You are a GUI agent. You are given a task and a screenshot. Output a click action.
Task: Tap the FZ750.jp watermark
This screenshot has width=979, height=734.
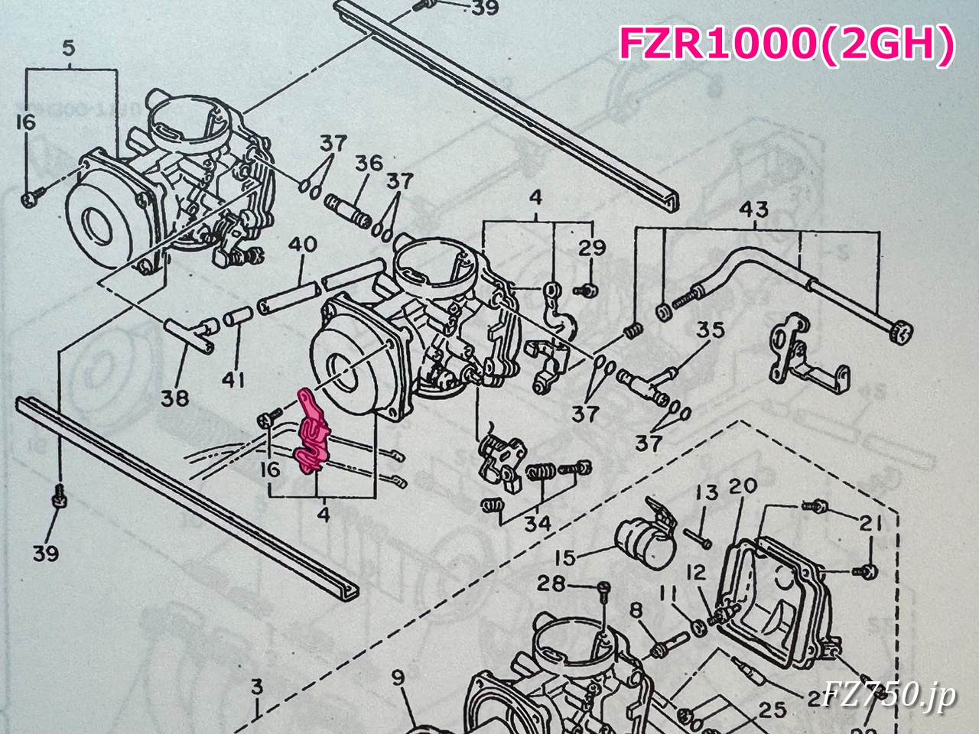point(889,696)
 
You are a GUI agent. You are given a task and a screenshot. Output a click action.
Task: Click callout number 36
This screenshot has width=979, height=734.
point(368,164)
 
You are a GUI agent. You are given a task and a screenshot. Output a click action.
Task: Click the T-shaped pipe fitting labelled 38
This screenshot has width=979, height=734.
point(191,336)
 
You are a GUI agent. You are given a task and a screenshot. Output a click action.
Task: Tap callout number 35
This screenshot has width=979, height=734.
point(710,332)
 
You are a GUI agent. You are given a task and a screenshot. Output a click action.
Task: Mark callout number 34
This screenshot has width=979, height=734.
point(538,525)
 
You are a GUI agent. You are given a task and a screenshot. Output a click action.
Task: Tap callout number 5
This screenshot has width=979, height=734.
point(68,50)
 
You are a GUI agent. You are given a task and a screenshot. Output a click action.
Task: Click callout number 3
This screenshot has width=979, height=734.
point(257,687)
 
